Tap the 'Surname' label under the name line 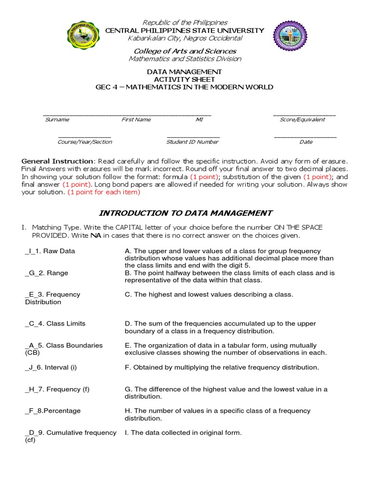click(x=57, y=119)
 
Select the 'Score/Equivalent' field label click(x=302, y=119)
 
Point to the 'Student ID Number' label click(x=192, y=142)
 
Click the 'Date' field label click(x=306, y=142)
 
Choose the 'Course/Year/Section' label click(x=85, y=142)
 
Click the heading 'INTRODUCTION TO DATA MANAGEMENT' click(x=185, y=213)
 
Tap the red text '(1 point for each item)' click(x=104, y=192)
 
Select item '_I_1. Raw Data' click(x=50, y=251)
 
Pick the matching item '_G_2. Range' click(x=47, y=273)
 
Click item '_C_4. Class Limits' click(x=55, y=324)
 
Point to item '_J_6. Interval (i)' click(x=51, y=367)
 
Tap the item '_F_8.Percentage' click(x=53, y=411)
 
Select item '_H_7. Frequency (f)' click(x=57, y=389)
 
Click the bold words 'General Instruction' click(x=57, y=161)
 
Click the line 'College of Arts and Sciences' click(x=185, y=51)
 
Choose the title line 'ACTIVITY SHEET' click(x=185, y=79)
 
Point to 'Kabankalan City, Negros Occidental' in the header click(x=185, y=38)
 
